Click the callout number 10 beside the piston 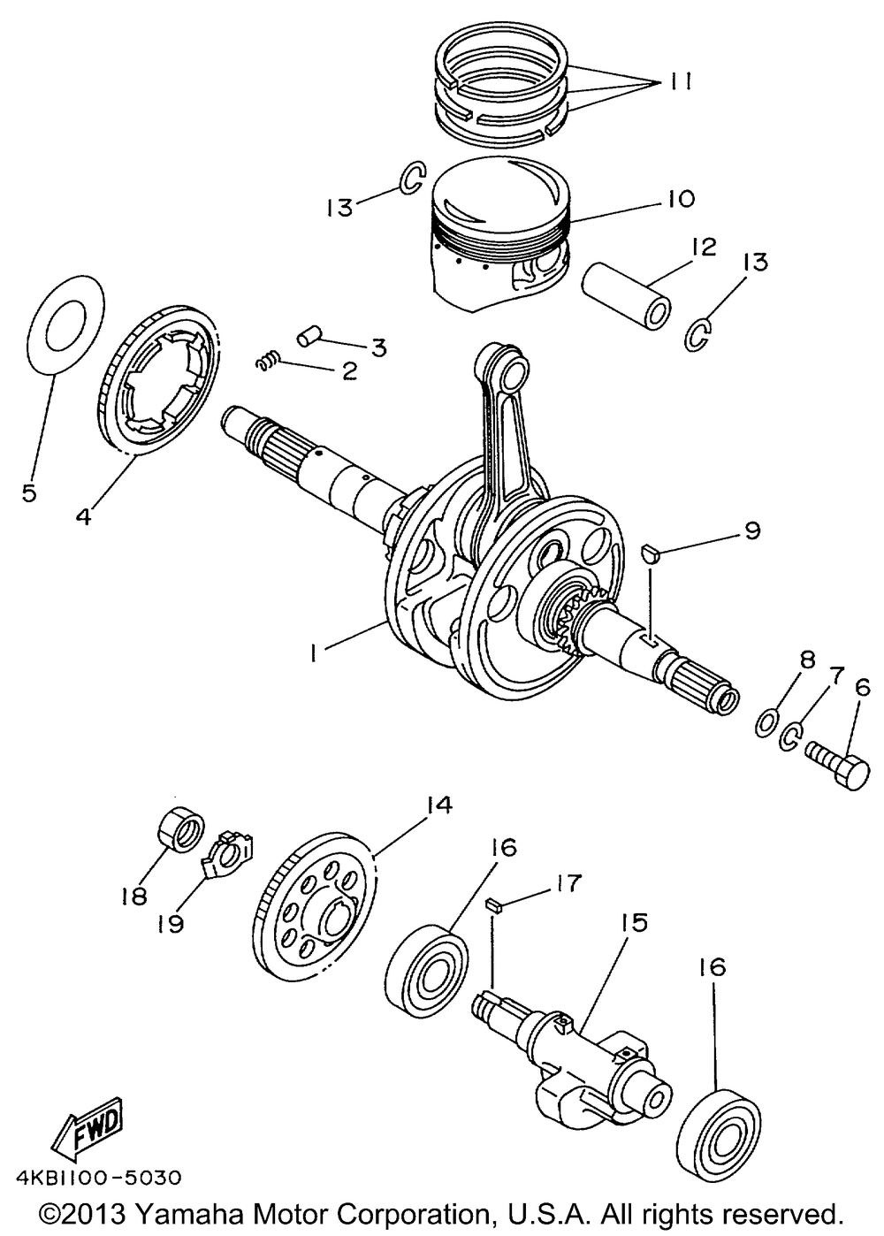(x=681, y=197)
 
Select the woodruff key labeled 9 (x=651, y=554)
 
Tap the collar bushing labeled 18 (x=181, y=829)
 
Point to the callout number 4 (x=83, y=516)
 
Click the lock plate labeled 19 (x=228, y=852)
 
